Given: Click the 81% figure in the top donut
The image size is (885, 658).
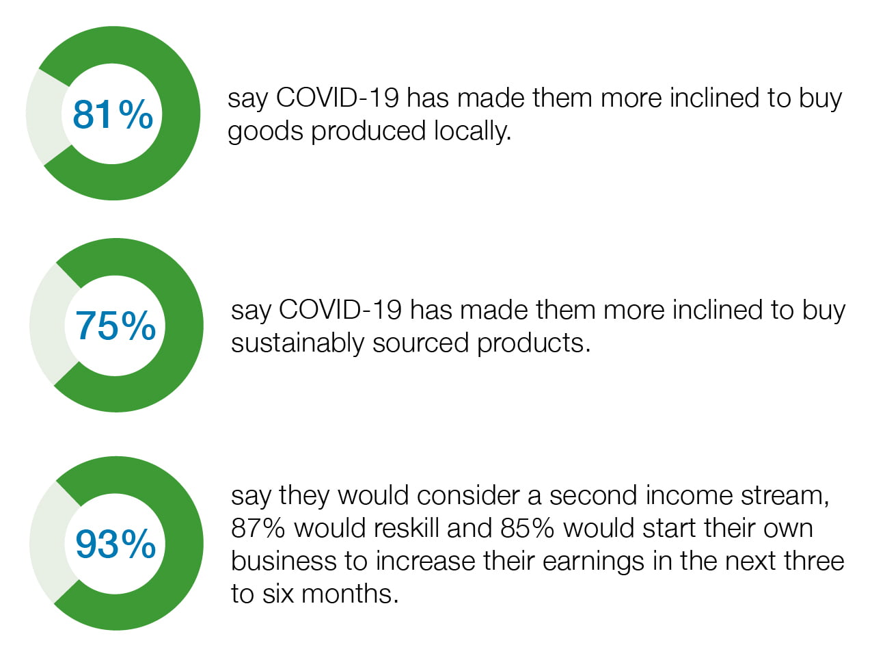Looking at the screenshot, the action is tap(113, 115).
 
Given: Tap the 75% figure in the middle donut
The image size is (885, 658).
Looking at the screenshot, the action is tap(115, 326).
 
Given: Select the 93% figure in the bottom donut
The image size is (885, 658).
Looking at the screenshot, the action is tap(115, 544).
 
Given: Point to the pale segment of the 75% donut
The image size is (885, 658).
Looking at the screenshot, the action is tap(48, 324).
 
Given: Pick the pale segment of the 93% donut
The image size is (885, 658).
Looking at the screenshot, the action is tap(48, 542).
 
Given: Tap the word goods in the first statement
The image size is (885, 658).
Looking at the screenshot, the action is tap(265, 132).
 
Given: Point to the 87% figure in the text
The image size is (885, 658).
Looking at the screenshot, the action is tap(258, 528).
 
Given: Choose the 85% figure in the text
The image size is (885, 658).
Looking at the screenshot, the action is tap(527, 528).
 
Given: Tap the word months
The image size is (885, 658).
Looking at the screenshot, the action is tap(350, 594).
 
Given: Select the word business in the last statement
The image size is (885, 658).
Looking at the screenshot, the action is tap(284, 561).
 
